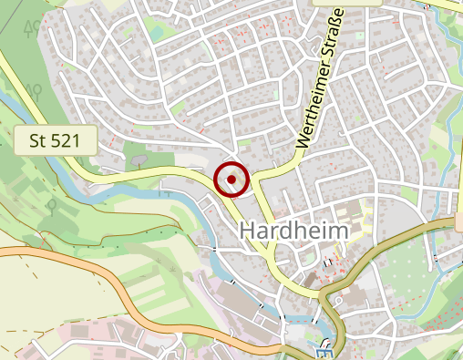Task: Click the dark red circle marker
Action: click(231, 180)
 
